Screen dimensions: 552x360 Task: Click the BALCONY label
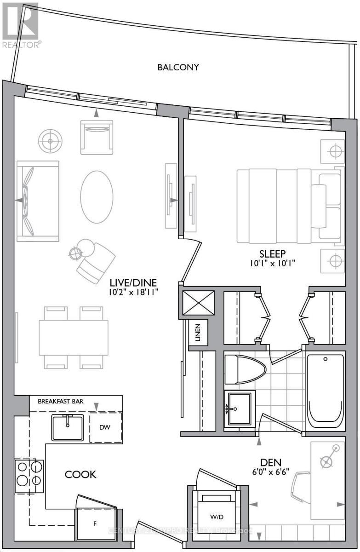(178, 67)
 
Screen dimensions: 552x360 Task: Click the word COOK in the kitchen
(80, 475)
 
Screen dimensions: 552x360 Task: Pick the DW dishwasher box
(106, 427)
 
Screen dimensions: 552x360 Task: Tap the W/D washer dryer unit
(214, 516)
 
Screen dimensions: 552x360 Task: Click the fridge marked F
(95, 523)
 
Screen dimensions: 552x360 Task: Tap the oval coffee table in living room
(97, 197)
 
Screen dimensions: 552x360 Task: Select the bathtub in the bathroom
(325, 391)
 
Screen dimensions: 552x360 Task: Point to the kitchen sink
(68, 427)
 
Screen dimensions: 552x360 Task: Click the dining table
(74, 338)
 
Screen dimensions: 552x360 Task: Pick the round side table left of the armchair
(50, 141)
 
